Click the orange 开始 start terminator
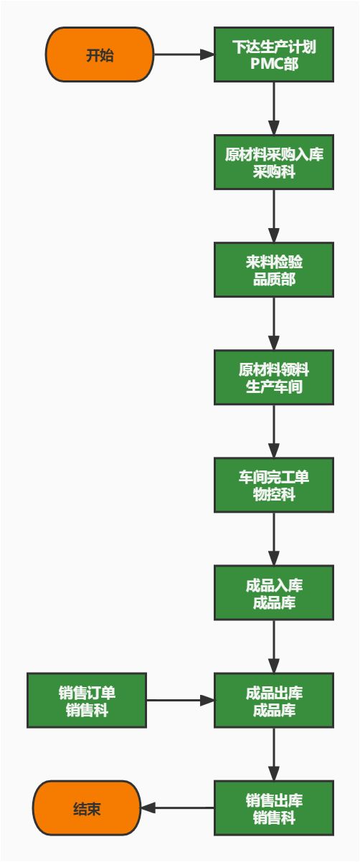(x=100, y=55)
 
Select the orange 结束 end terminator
(x=87, y=808)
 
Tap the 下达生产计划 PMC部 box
(x=274, y=55)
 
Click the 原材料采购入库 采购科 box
(x=274, y=163)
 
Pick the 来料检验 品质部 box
(x=274, y=270)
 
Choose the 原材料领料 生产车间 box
(x=274, y=377)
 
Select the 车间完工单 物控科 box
(x=274, y=486)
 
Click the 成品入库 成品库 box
(x=274, y=593)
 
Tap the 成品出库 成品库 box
(x=274, y=701)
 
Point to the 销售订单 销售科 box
(x=87, y=701)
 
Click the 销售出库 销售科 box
(x=274, y=808)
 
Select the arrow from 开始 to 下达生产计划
(x=184, y=55)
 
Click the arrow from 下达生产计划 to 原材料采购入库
(x=274, y=108)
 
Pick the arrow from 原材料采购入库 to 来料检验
(x=274, y=216)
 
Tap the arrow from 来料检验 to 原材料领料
(x=274, y=323)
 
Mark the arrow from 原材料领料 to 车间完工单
(x=274, y=431)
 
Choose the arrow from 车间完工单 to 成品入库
(x=274, y=539)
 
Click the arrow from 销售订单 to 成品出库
(x=180, y=701)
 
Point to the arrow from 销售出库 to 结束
(x=177, y=808)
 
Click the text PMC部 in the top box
(x=274, y=64)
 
